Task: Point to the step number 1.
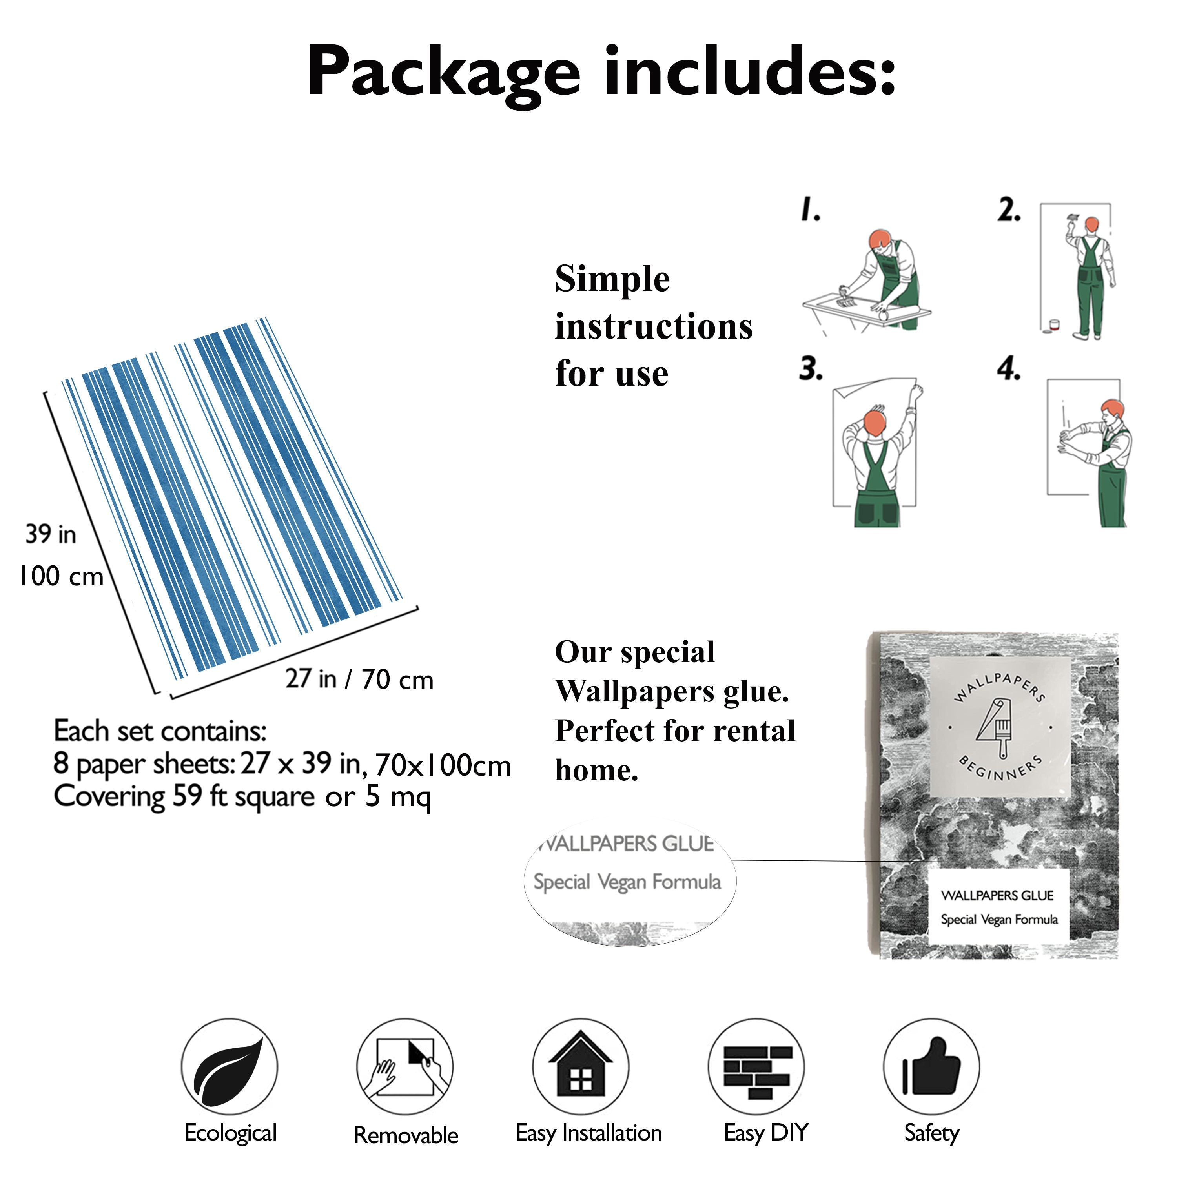coord(810,209)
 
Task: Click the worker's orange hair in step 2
coord(1092,224)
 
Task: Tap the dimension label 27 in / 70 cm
coord(359,679)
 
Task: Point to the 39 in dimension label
coord(51,534)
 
